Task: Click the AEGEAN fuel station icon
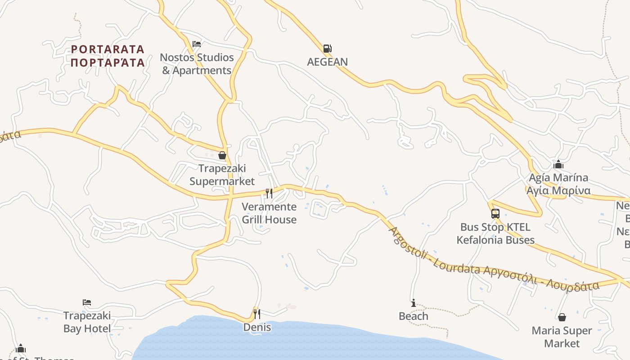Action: pos(327,49)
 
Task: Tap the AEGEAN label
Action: pos(327,62)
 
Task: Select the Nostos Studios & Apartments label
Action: pos(197,64)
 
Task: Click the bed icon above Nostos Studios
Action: pos(197,44)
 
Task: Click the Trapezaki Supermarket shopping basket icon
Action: pos(222,156)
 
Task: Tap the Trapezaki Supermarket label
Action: pos(222,175)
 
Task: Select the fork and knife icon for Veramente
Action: pos(269,193)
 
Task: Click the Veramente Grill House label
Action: pos(269,213)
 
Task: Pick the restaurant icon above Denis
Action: pos(257,314)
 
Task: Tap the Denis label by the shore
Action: pos(257,327)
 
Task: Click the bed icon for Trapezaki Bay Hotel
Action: pos(87,302)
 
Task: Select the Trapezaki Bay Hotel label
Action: pos(87,322)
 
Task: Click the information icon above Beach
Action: pos(413,303)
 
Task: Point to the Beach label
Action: pos(413,316)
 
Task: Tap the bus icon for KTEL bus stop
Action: pos(495,214)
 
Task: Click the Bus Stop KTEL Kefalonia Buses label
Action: pos(495,234)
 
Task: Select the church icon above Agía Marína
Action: pos(558,164)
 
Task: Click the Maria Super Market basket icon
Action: pos(562,317)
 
